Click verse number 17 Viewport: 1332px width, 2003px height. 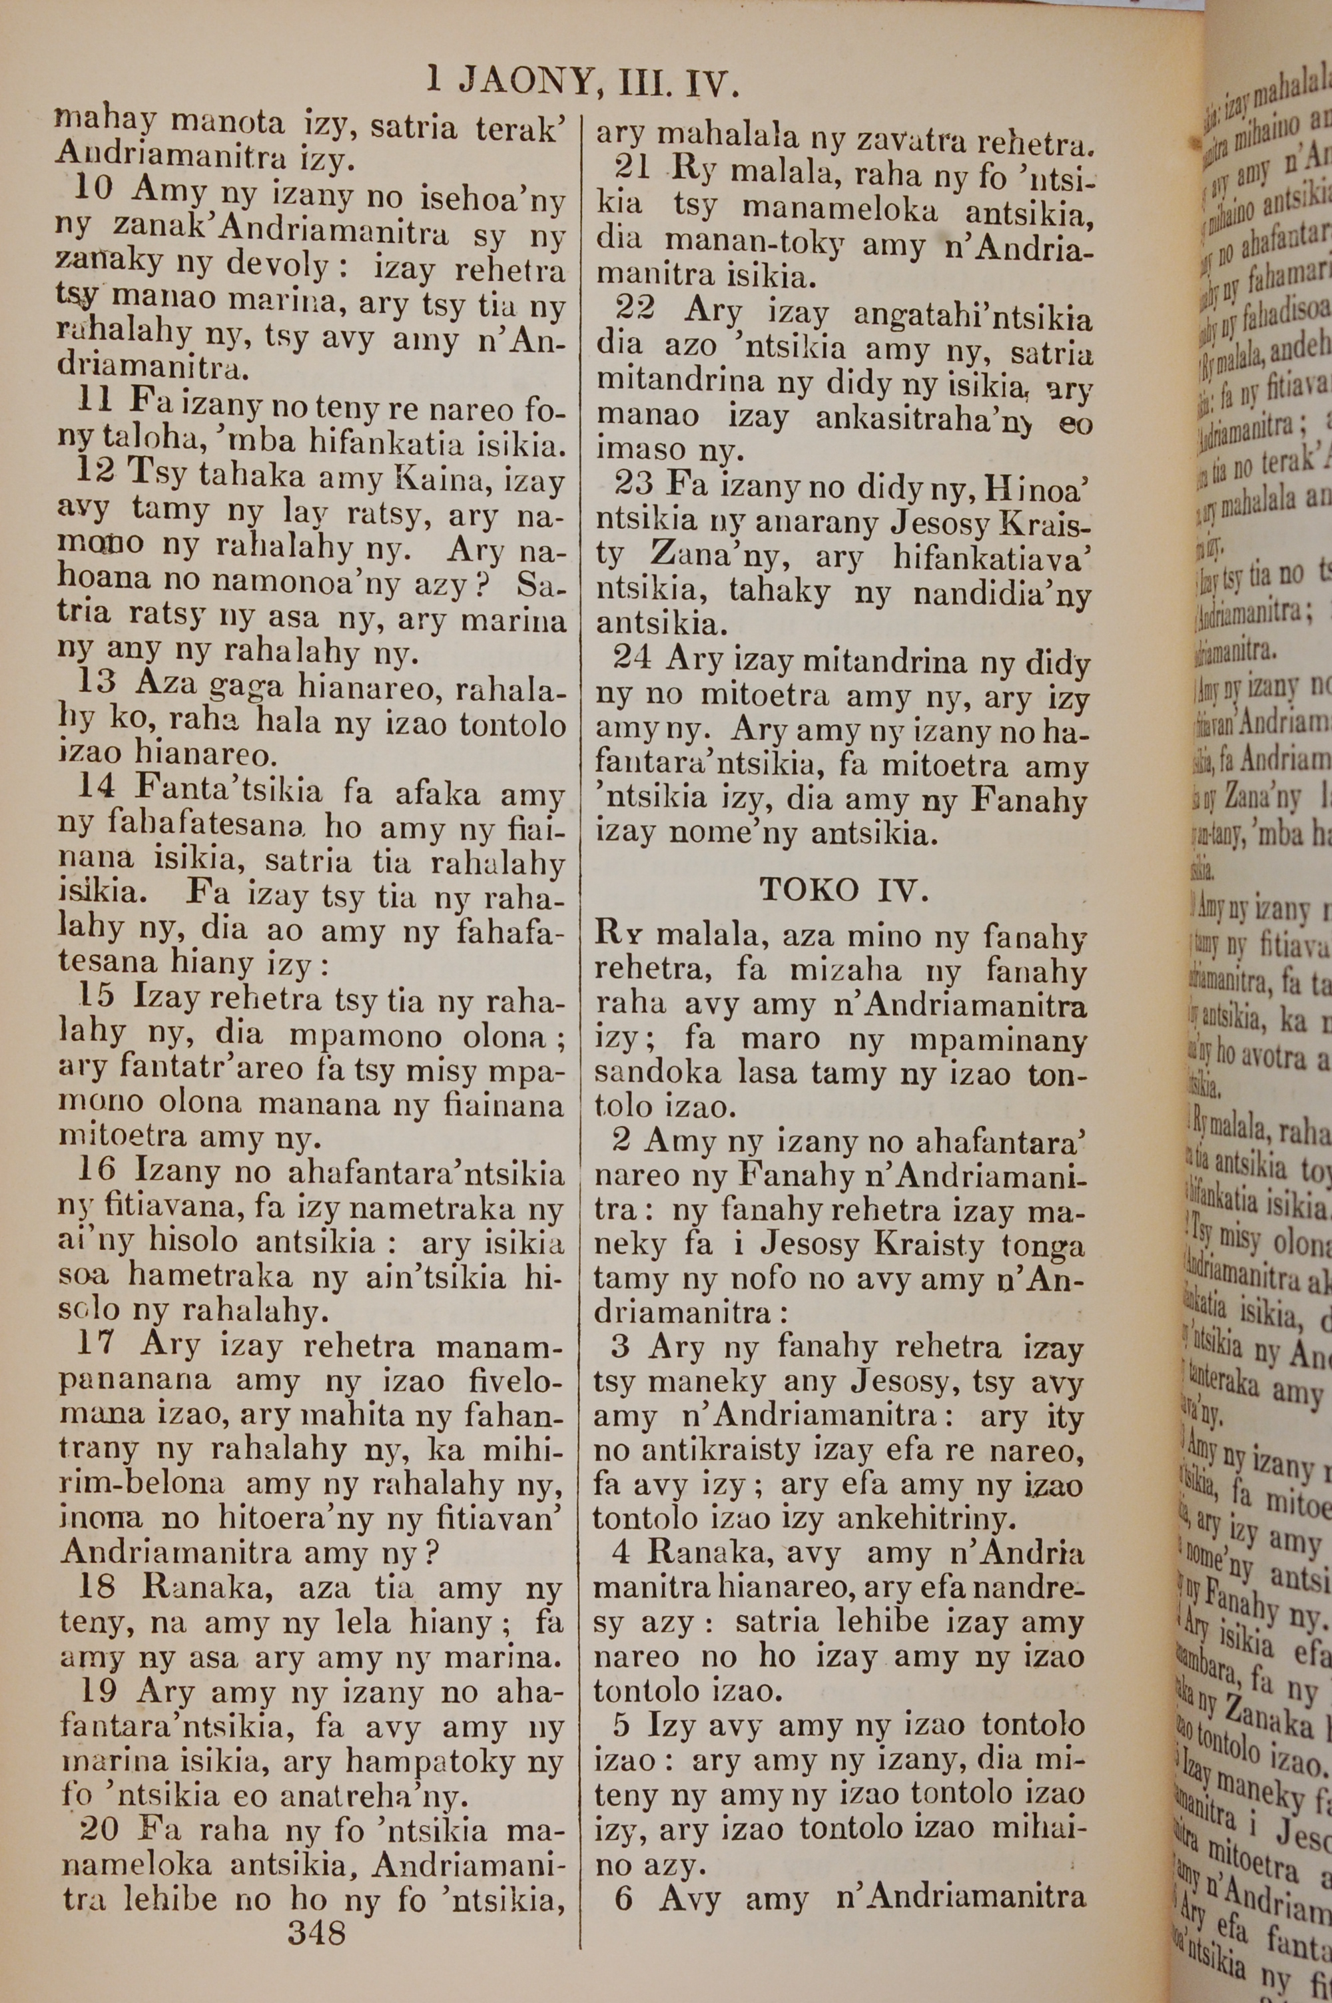[x=96, y=1346]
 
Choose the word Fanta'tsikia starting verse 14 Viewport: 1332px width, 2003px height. [x=229, y=791]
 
